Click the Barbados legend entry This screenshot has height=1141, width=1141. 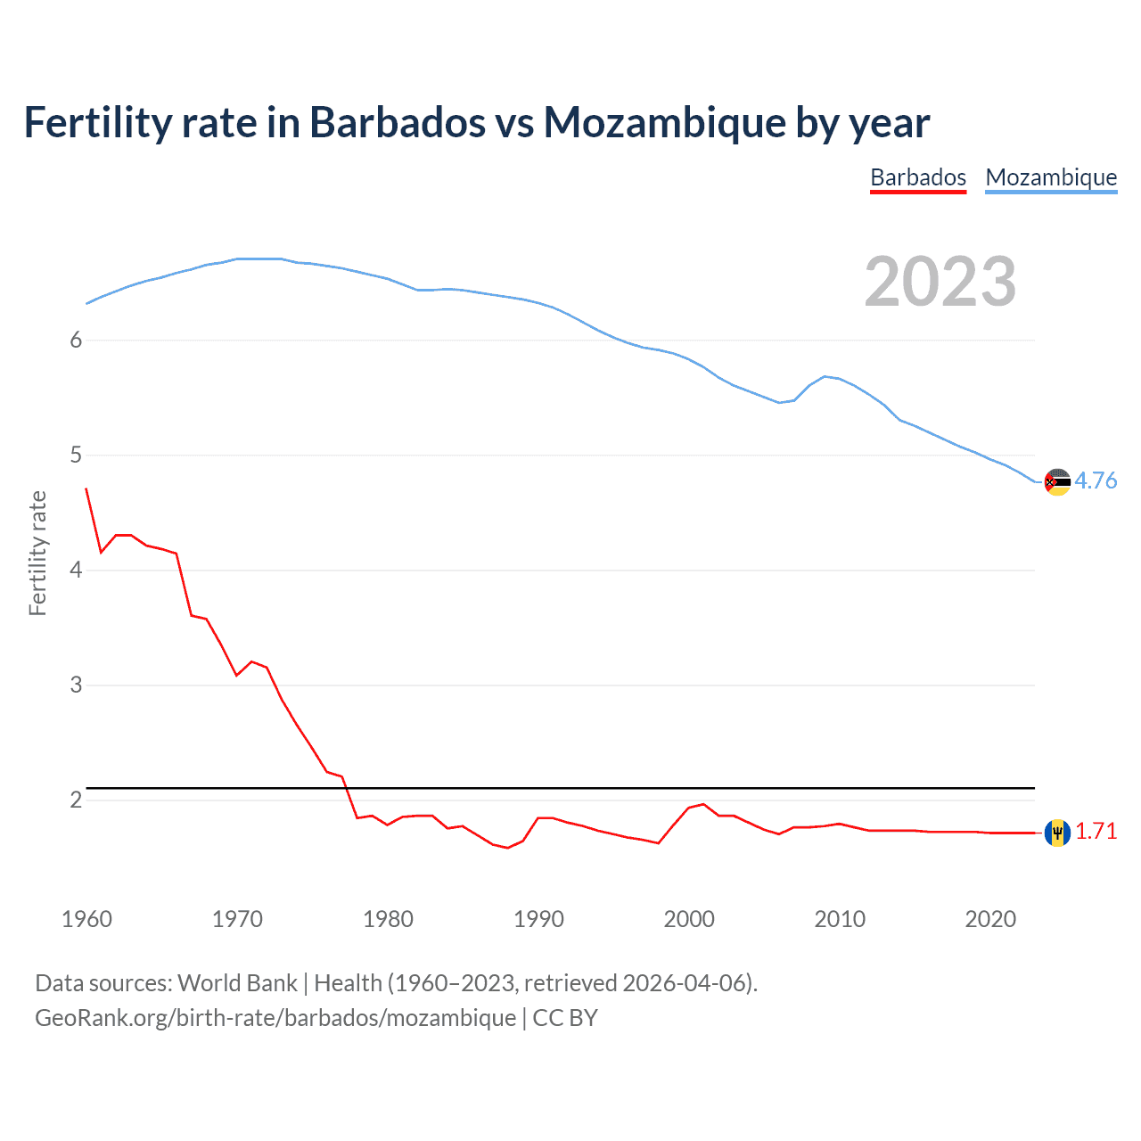click(x=918, y=177)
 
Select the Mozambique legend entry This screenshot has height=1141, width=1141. click(x=1051, y=177)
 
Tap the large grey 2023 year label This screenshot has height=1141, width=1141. click(x=940, y=282)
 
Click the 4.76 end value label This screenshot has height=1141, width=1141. click(x=1096, y=480)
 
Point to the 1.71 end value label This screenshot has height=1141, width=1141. click(x=1096, y=831)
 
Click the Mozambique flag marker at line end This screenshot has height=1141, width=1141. click(x=1057, y=481)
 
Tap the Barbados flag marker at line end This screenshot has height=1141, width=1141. click(x=1057, y=833)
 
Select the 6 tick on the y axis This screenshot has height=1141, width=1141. click(x=76, y=340)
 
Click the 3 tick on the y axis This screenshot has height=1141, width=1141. click(x=76, y=685)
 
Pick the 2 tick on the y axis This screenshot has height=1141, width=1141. click(x=76, y=800)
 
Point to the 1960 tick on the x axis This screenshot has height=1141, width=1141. click(x=86, y=919)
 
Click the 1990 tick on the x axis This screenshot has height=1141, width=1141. click(x=538, y=919)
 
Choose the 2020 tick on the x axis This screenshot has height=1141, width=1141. click(x=990, y=919)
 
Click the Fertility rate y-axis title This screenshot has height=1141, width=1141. click(x=37, y=553)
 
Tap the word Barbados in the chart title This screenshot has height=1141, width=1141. click(x=398, y=122)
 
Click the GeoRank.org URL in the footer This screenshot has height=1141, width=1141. click(x=275, y=1017)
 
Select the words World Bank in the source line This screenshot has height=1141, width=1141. click(x=237, y=982)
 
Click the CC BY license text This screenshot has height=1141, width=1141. click(x=565, y=1017)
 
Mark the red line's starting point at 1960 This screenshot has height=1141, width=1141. click(x=86, y=488)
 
